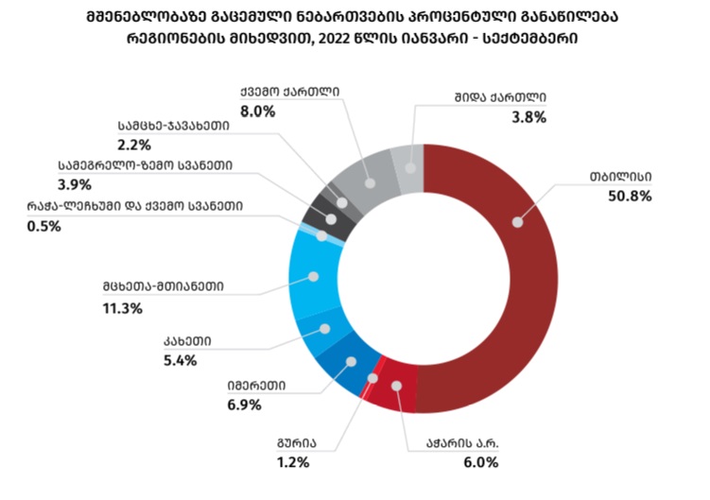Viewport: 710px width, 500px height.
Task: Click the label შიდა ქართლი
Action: click(495, 96)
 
